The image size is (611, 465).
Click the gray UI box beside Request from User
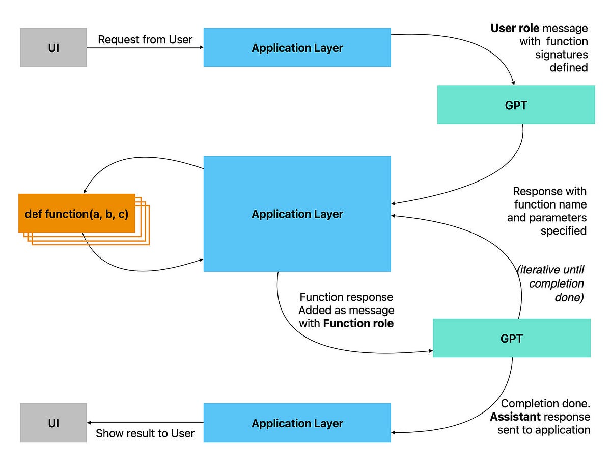(x=53, y=48)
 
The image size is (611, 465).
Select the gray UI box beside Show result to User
(x=53, y=423)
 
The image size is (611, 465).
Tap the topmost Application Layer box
(x=297, y=48)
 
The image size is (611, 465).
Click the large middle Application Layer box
(x=297, y=214)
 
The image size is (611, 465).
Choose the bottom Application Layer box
(x=297, y=423)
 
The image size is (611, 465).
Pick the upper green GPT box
(x=516, y=105)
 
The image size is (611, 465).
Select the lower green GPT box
(x=511, y=338)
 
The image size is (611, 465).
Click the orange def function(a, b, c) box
(x=76, y=214)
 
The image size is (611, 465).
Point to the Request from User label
(x=145, y=40)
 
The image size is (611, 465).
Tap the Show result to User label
(x=145, y=433)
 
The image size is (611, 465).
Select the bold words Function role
(x=358, y=323)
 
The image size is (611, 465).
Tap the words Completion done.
(x=545, y=404)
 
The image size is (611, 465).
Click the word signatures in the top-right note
(x=561, y=55)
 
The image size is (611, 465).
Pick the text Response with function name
(x=549, y=198)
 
